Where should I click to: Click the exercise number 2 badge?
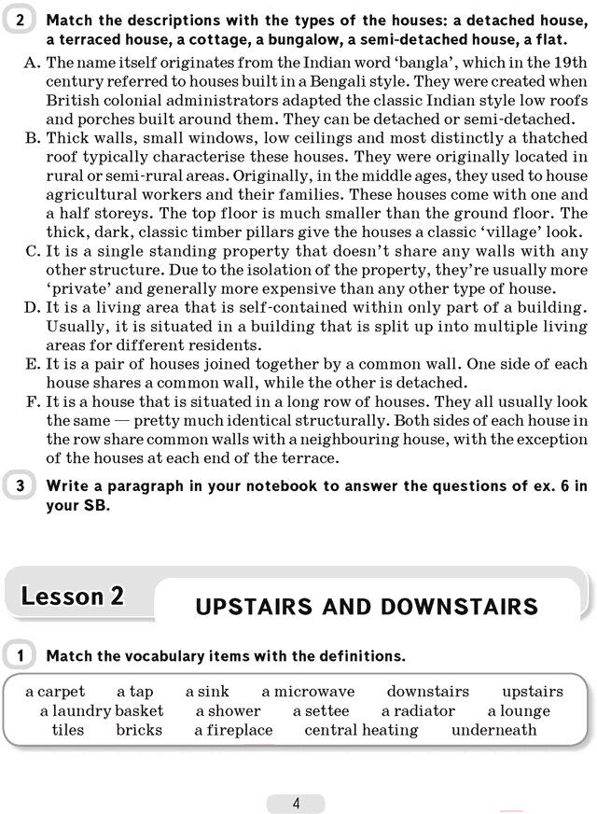21,19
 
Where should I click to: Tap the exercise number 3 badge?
21,485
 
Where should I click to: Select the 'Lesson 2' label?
73,596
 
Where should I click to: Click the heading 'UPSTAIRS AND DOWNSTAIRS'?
367,607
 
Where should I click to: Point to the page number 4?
296,803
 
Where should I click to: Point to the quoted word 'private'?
79,288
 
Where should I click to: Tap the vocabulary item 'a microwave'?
308,692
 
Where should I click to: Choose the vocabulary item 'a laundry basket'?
101,710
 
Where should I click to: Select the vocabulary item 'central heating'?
361,730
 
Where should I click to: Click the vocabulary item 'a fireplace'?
233,730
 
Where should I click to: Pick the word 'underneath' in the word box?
494,730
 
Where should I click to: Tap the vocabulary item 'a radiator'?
418,710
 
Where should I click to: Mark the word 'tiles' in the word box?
68,730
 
